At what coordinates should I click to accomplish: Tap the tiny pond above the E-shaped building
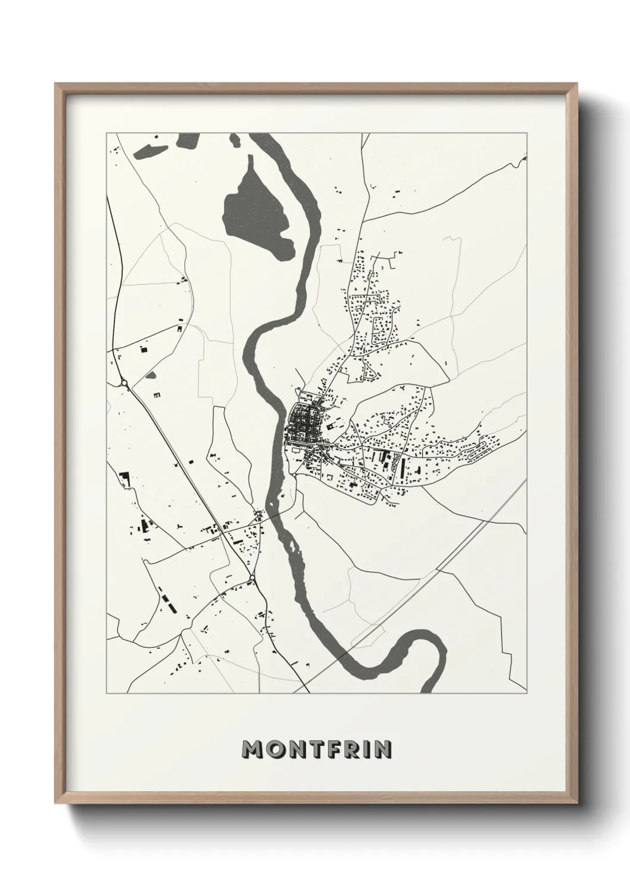[x=151, y=376]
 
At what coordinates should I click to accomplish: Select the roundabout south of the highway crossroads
[x=253, y=577]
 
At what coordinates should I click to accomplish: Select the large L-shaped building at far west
[x=124, y=479]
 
